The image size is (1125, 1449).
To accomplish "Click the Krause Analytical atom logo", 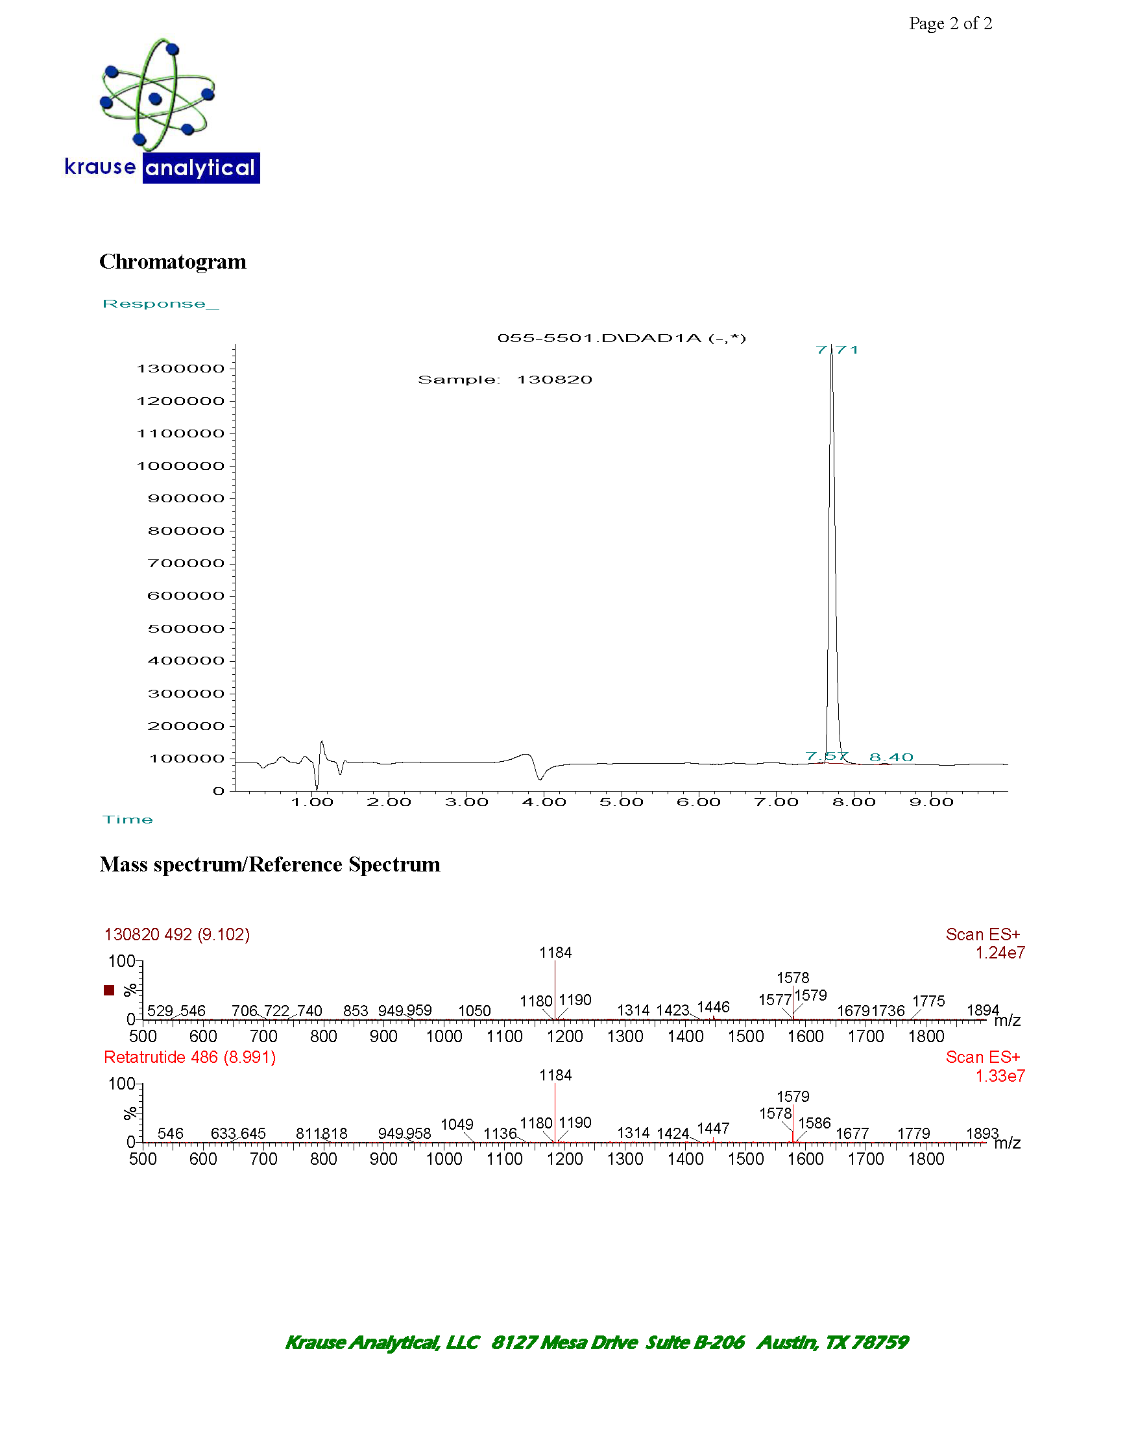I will tap(156, 95).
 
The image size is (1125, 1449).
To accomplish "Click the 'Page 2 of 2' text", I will tap(950, 24).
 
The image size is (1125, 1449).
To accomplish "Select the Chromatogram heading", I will tap(173, 262).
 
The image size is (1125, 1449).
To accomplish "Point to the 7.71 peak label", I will tap(836, 350).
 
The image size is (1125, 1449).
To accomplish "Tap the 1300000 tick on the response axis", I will tap(180, 369).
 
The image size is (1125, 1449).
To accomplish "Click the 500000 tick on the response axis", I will tap(186, 628).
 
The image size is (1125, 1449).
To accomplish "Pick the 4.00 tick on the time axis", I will tap(543, 802).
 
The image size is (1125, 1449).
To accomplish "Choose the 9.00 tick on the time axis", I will tap(930, 802).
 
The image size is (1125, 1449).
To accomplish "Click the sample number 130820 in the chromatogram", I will tap(554, 380).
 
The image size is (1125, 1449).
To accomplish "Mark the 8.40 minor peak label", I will tap(891, 757).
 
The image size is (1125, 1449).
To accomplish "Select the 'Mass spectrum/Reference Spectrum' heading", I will tap(269, 864).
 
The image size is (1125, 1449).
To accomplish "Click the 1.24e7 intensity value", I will tap(1000, 953).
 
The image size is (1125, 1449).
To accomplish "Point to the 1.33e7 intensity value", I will tap(1000, 1075).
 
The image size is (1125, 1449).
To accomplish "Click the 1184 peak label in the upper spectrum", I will tap(555, 953).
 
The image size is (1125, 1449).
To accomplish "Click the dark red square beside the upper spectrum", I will tap(109, 990).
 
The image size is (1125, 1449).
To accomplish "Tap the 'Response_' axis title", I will tap(160, 304).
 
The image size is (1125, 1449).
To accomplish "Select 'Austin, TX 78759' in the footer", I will tap(832, 1342).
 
